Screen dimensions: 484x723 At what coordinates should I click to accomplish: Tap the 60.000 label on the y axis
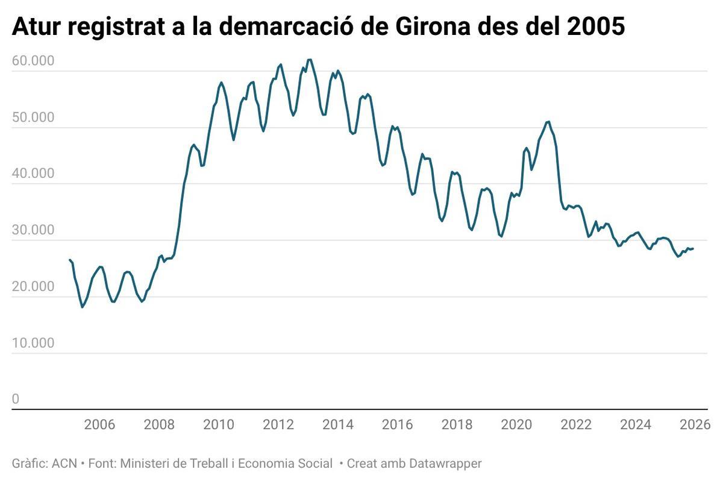tap(33, 61)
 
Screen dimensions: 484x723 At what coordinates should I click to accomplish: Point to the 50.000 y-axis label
tap(33, 118)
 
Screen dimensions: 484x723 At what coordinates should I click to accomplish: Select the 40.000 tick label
tap(33, 174)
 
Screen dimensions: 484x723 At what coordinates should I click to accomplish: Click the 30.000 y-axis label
tap(33, 230)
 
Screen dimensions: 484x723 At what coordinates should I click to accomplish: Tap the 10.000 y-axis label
tap(33, 343)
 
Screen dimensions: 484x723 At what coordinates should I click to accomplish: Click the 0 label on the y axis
tap(16, 399)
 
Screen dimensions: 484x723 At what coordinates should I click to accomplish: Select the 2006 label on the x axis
tap(99, 424)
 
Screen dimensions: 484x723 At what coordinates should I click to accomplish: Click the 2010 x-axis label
tap(219, 424)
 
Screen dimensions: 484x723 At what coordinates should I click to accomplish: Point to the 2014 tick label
tap(338, 424)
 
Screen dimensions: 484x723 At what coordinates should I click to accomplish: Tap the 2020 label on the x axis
tap(517, 424)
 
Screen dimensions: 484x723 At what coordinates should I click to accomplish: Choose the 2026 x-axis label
tap(694, 424)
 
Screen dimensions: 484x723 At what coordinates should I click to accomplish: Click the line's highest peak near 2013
tap(309, 60)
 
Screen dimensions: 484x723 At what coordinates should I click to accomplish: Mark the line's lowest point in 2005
tap(83, 307)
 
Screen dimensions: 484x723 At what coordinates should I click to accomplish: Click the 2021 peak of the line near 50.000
tap(548, 122)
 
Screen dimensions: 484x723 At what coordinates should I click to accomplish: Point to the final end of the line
tap(693, 248)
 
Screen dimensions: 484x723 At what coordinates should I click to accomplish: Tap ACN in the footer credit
tap(64, 464)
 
